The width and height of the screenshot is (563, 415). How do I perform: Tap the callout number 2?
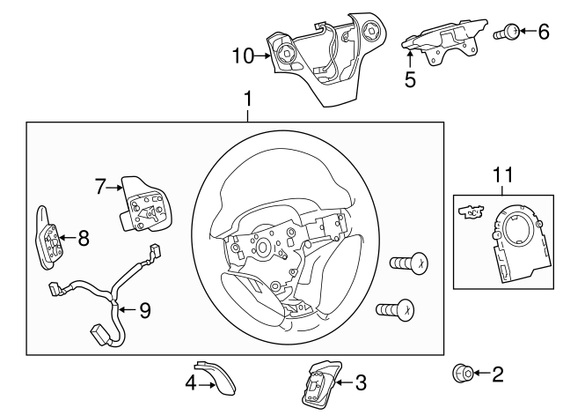pos(497,374)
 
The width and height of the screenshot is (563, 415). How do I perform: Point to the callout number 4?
pos(191,382)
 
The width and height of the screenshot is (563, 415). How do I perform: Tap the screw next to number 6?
pos(507,33)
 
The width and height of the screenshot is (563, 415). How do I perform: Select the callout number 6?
pos(543,32)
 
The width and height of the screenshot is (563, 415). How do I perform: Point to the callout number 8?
pos(84,237)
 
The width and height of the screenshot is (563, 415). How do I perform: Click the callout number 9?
pos(145,309)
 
